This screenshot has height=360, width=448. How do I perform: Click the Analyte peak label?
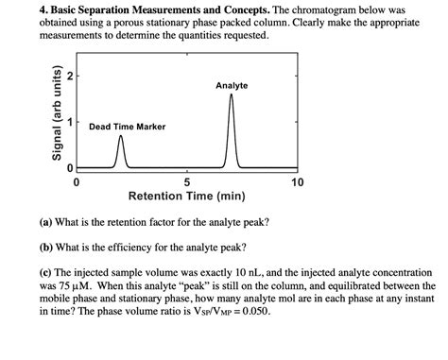232,86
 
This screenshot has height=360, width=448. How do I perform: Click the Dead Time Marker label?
127,126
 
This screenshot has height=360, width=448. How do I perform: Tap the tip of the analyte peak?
232,94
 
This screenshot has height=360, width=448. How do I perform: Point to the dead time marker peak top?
120,137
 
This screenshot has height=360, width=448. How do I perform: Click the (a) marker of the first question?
45,223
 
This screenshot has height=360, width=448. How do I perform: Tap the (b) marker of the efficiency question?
45,249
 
